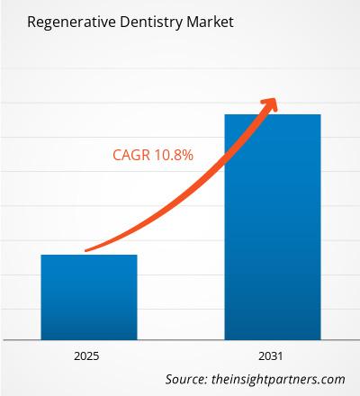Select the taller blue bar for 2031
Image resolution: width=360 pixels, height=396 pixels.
tap(272, 225)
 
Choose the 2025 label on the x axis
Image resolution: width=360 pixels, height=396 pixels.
tap(88, 355)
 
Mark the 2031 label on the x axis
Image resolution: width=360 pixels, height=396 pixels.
tap(272, 355)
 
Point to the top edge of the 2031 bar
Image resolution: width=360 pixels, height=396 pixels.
tap(272, 114)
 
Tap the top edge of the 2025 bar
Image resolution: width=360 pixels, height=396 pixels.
tap(88, 255)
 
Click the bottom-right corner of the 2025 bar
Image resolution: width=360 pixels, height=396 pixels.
tap(137, 338)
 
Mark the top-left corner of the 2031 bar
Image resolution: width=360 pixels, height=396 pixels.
tap(224, 115)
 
